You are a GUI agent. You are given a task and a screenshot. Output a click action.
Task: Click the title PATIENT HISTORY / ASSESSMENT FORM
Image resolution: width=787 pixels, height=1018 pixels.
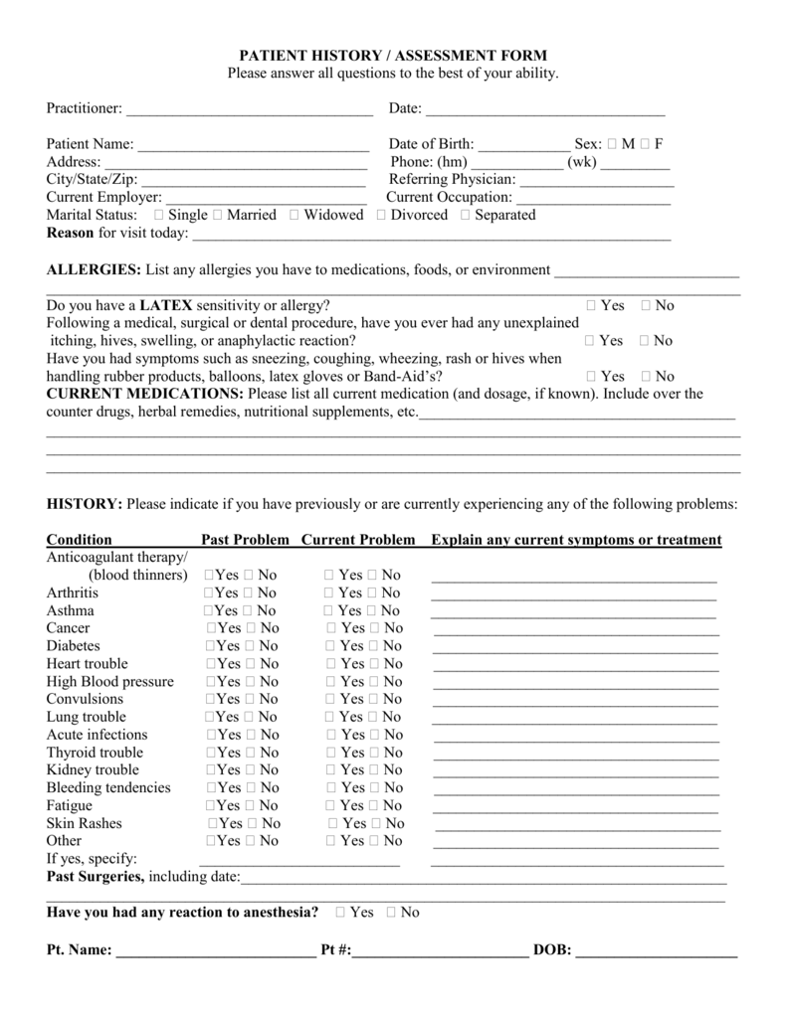click(393, 56)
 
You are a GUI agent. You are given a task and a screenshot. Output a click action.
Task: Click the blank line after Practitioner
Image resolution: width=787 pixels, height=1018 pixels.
click(249, 108)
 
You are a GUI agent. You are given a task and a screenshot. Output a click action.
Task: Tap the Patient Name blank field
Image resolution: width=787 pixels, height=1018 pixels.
click(253, 145)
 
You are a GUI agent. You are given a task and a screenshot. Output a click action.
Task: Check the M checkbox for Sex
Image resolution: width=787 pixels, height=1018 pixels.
click(612, 144)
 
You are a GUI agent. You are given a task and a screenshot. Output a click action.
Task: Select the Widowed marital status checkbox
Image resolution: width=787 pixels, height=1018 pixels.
click(295, 216)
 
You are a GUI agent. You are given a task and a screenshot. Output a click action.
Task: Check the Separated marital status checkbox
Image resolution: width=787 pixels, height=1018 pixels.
click(466, 216)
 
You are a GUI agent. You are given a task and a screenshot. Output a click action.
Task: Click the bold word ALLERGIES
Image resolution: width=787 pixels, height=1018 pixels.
click(94, 270)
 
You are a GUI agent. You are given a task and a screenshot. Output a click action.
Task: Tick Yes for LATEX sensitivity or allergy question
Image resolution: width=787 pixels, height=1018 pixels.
click(591, 306)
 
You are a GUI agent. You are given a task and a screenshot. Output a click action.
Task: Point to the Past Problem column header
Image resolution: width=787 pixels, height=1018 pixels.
click(245, 540)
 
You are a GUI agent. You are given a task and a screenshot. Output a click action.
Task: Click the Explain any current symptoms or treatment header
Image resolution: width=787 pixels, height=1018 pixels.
click(576, 540)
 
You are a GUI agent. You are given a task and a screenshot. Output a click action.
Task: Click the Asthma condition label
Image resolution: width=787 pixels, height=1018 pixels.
click(71, 610)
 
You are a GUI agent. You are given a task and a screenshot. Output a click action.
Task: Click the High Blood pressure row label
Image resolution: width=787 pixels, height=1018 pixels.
click(109, 682)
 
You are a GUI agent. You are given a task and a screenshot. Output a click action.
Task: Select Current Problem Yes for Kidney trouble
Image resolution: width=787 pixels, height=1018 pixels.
click(331, 770)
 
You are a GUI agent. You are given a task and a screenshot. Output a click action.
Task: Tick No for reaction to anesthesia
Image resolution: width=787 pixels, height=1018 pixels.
click(390, 913)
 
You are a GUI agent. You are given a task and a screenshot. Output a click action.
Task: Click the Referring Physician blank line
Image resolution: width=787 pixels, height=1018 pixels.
click(597, 181)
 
